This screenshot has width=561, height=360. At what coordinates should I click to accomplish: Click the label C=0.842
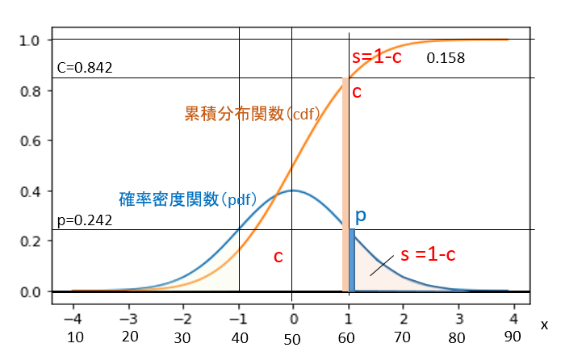(x=86, y=68)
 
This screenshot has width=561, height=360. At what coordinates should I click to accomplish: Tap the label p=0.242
(x=85, y=220)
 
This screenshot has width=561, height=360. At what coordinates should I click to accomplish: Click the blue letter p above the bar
(x=361, y=216)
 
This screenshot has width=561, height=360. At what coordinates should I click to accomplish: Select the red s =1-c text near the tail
(x=429, y=254)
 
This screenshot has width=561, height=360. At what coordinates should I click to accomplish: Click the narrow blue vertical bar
(x=352, y=260)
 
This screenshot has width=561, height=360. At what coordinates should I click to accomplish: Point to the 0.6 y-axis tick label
(x=31, y=141)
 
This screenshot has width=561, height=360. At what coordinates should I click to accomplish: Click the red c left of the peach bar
(x=278, y=257)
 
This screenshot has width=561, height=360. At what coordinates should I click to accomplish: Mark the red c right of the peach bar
(x=357, y=91)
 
